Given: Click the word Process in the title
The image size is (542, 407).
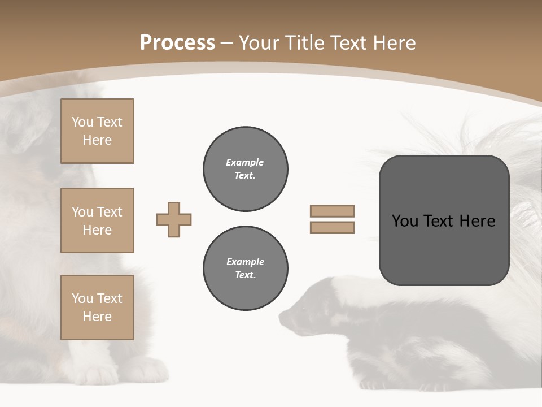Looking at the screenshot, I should pyautogui.click(x=177, y=43).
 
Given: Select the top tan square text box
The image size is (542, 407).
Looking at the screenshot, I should pyautogui.click(x=97, y=131).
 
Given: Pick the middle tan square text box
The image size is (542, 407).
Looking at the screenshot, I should pyautogui.click(x=97, y=220).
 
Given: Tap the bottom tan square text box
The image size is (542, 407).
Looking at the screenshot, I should pyautogui.click(x=97, y=308).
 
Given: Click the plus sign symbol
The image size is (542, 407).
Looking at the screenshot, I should pyautogui.click(x=174, y=219).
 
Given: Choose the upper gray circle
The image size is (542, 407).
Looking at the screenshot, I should pyautogui.click(x=245, y=169).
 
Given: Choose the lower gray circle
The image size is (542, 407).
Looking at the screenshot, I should pyautogui.click(x=245, y=269).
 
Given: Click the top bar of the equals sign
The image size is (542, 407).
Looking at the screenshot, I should pyautogui.click(x=332, y=211).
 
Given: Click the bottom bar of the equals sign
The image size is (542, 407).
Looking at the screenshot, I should pyautogui.click(x=332, y=228).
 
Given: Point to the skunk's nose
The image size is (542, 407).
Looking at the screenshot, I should pyautogui.click(x=282, y=315).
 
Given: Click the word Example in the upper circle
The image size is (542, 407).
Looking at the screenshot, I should pyautogui.click(x=245, y=162).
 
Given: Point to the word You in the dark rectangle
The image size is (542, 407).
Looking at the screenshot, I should pyautogui.click(x=405, y=221).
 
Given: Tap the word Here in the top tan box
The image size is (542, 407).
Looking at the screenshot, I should pyautogui.click(x=97, y=140).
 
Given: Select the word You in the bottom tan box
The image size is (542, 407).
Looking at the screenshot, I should pyautogui.click(x=82, y=298).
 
